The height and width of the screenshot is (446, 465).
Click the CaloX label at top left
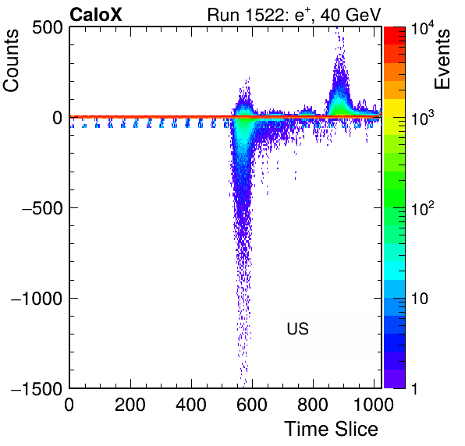96,15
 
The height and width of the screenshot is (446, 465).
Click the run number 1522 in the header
264,15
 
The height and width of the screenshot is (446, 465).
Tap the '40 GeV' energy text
350,15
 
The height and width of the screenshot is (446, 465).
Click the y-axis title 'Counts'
11,60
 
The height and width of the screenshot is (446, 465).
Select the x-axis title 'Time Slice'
332,429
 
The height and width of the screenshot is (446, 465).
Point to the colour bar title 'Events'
442,59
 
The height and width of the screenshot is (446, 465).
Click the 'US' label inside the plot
297,328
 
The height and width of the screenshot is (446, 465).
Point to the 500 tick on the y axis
48,28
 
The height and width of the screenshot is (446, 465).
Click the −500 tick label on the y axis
42,208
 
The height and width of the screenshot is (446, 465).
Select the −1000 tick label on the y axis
37,299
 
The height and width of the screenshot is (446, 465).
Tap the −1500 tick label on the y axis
37,388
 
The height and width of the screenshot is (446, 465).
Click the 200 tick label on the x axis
130,405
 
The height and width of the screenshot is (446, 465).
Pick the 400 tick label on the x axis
191,405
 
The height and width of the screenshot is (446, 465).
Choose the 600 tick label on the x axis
252,405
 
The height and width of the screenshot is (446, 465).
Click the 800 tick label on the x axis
313,405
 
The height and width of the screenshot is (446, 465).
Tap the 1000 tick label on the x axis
374,405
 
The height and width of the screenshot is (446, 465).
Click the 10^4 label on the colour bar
422,28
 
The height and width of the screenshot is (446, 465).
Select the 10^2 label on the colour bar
422,207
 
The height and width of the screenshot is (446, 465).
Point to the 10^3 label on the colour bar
422,118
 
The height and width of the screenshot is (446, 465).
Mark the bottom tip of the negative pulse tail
244,388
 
